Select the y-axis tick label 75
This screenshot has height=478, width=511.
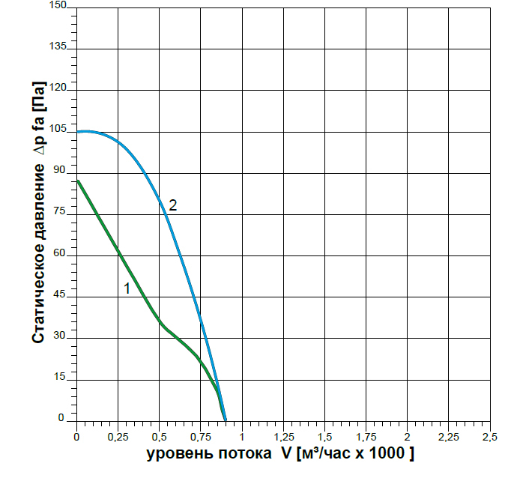(x=62, y=213)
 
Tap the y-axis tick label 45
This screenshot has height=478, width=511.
(x=62, y=296)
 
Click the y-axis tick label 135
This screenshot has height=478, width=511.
(x=59, y=47)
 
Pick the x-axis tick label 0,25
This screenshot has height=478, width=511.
(x=118, y=435)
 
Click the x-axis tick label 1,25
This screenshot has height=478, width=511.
(x=283, y=435)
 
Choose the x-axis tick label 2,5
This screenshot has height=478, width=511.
(x=489, y=435)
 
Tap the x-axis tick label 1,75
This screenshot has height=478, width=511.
(x=366, y=435)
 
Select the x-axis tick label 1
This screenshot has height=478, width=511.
(x=242, y=435)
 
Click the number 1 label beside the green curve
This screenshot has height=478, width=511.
(x=127, y=288)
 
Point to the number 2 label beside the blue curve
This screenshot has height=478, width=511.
(x=172, y=205)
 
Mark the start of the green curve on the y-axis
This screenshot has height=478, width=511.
(x=77, y=180)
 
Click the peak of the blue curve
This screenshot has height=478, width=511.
(x=85, y=131)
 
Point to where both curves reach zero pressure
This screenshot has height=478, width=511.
(x=225, y=420)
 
